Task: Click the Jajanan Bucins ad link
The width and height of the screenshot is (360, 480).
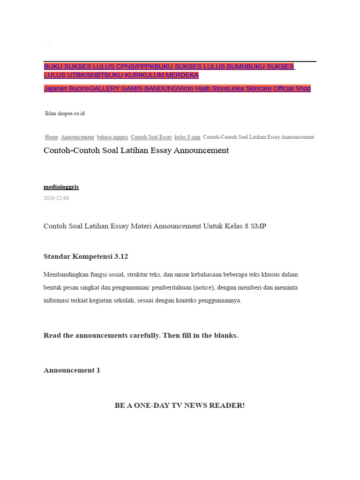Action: (x=66, y=89)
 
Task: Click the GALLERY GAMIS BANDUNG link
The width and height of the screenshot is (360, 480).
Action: (x=134, y=89)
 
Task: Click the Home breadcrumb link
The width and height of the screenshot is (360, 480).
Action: (x=52, y=137)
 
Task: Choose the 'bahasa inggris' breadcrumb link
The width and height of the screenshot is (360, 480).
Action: (x=112, y=137)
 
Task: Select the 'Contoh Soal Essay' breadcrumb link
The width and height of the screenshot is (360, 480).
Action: (x=151, y=137)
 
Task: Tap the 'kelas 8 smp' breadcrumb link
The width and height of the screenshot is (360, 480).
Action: (x=187, y=137)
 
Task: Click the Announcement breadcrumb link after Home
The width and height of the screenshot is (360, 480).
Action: (x=77, y=137)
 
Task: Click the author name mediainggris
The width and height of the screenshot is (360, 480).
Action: (x=61, y=187)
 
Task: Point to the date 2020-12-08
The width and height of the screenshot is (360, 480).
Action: (x=56, y=198)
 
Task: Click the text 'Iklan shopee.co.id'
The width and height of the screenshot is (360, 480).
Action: (x=65, y=113)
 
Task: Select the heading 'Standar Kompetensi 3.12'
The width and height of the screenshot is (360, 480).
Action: (x=86, y=256)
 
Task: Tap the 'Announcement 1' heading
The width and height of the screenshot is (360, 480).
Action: (x=72, y=370)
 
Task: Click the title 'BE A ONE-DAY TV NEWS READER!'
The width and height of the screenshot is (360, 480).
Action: (x=180, y=405)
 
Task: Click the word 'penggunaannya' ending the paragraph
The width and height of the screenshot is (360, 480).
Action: (x=221, y=300)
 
